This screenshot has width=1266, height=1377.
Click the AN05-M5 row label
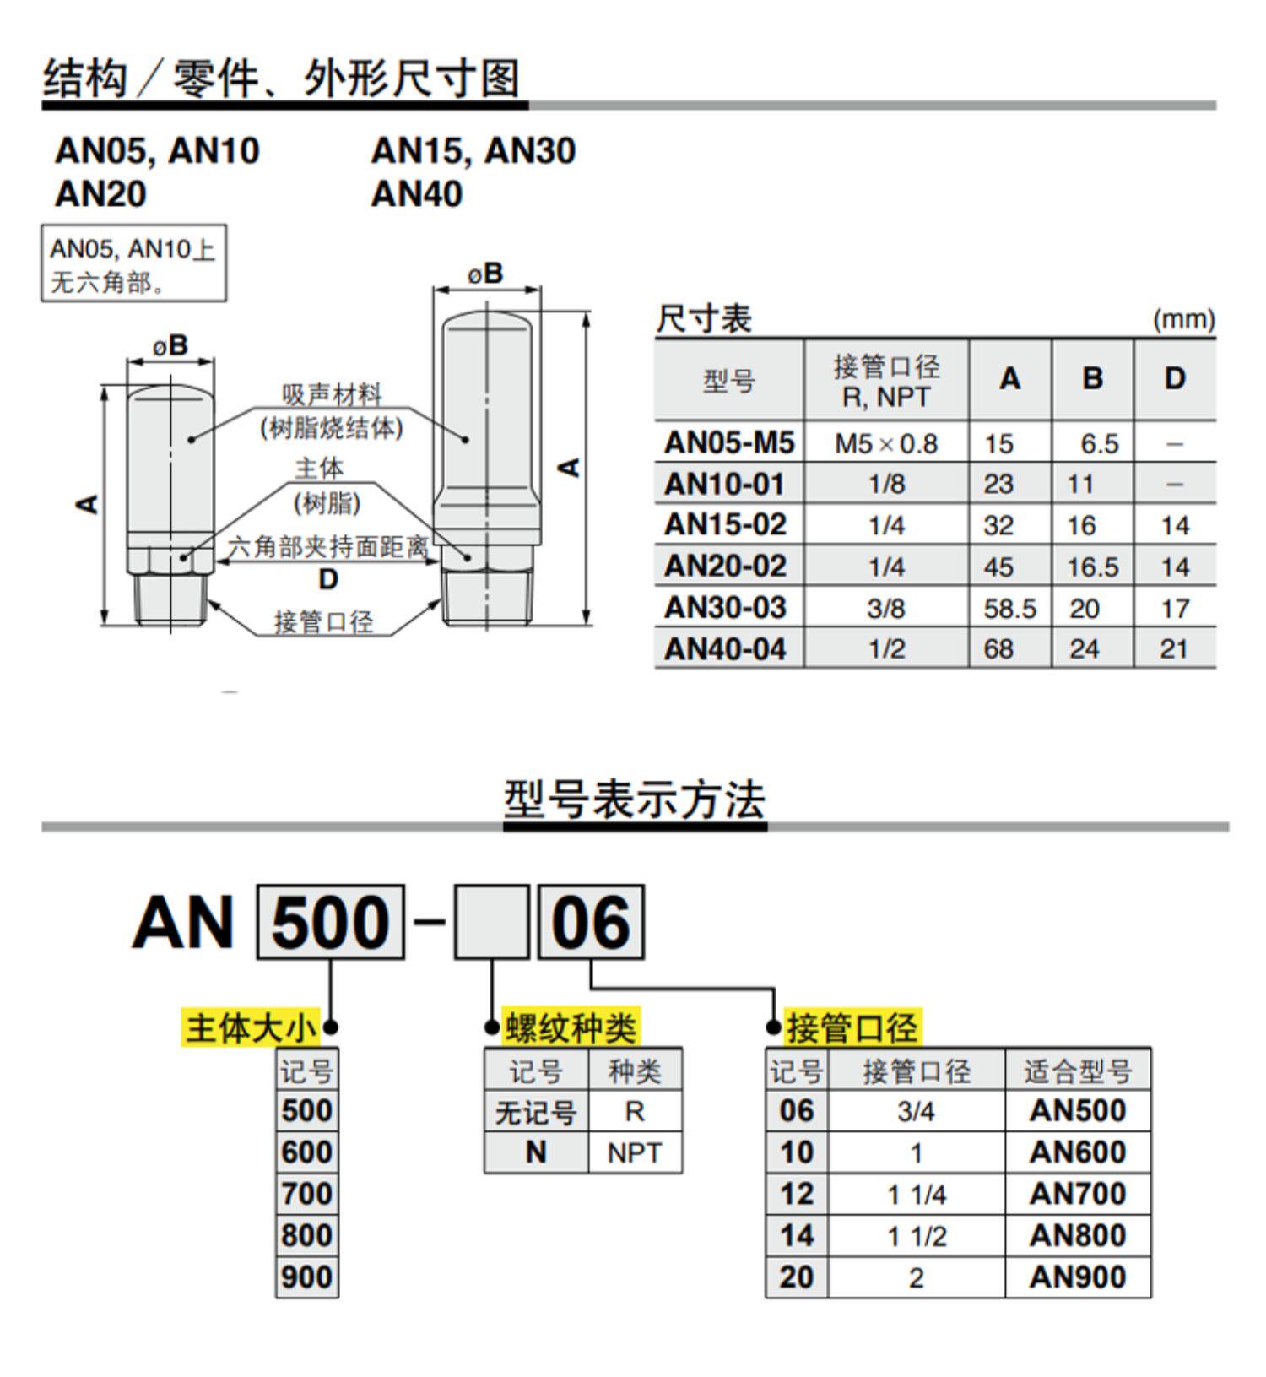coord(729,442)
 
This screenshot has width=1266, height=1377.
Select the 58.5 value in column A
coord(1009,608)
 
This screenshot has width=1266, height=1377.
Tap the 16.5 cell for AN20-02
coord(1092,567)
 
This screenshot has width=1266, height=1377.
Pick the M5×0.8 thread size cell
coord(885,443)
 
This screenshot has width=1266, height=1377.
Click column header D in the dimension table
coord(1174,379)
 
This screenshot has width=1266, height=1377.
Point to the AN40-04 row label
coord(726,648)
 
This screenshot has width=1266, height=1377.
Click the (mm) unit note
coord(1183,320)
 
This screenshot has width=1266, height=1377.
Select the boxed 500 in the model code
coord(330,922)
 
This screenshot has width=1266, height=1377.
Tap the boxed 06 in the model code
coord(591,922)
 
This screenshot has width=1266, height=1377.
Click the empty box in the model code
coord(491,922)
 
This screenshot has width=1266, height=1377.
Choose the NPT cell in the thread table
coord(634,1152)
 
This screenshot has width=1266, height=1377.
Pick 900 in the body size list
coord(307,1277)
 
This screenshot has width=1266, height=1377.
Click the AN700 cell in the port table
coord(1078,1194)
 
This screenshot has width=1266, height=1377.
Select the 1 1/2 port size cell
coord(917,1236)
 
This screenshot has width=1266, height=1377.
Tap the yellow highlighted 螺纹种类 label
coord(571,1027)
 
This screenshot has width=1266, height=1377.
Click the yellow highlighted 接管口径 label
coord(852,1027)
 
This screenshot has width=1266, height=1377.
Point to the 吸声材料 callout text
coord(332,394)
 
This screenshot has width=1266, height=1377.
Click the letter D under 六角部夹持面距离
coord(328,579)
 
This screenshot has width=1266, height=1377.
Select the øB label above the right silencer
coord(486,274)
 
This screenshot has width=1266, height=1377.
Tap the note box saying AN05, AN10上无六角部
coord(134,263)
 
